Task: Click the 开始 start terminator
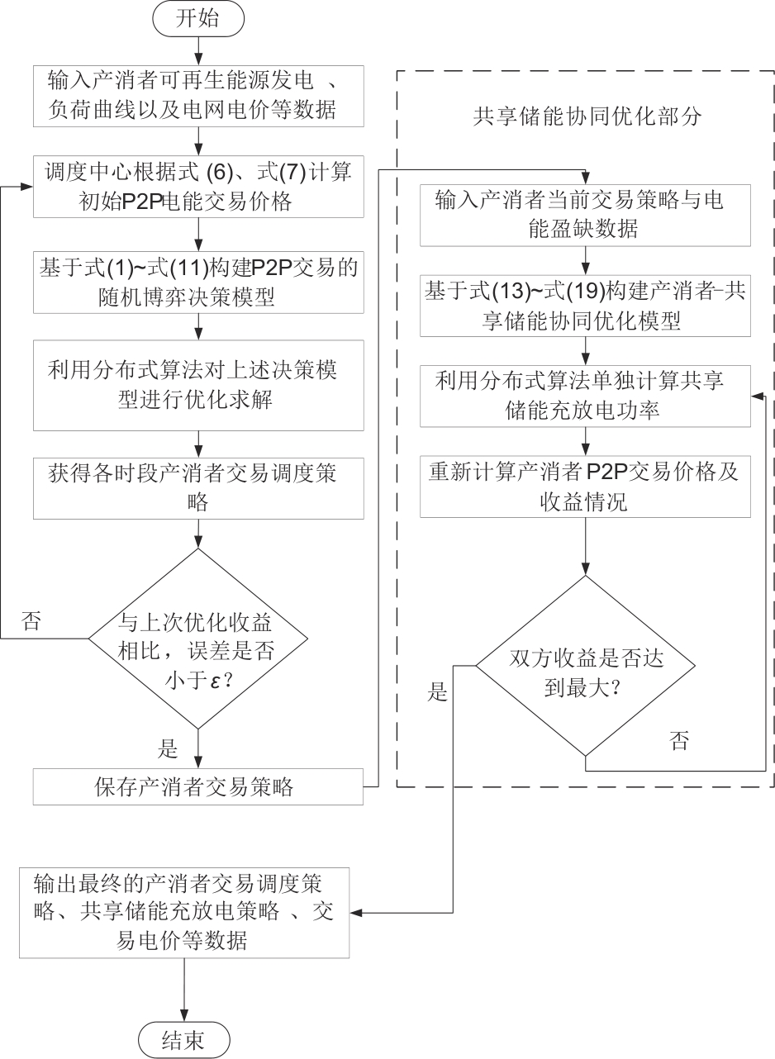pos(198,20)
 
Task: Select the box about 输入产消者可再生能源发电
pos(198,97)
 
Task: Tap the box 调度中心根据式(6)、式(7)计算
pos(198,187)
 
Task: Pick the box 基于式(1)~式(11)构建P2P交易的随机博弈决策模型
pos(198,282)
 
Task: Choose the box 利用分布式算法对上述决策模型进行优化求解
pos(198,384)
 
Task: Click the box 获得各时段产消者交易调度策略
pos(198,487)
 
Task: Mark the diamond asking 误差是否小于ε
pos(198,638)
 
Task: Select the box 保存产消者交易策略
pos(198,786)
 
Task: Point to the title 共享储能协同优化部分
pos(587,116)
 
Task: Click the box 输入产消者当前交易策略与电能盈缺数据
pos(585,215)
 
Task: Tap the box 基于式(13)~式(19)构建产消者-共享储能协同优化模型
pos(585,306)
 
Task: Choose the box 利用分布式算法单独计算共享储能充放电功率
pos(585,397)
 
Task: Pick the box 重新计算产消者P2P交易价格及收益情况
pos(585,487)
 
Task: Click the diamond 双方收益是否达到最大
pos(585,665)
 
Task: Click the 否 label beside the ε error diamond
pos(31,622)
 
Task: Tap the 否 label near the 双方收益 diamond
pos(679,740)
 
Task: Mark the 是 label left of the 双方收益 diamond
pos(438,691)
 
